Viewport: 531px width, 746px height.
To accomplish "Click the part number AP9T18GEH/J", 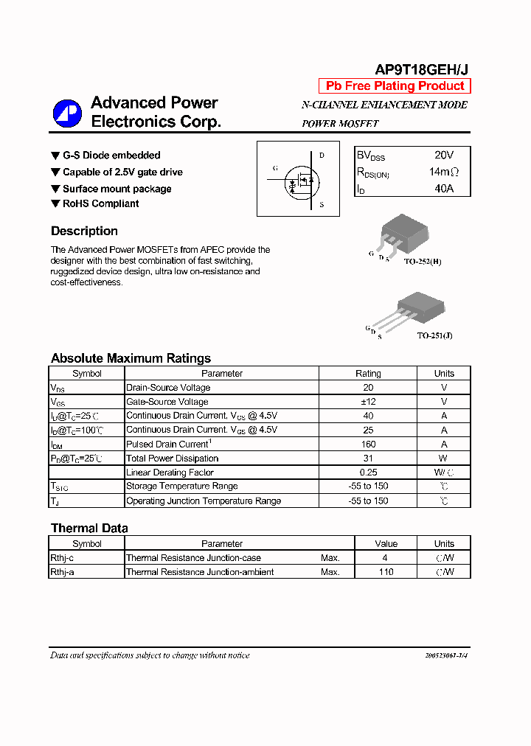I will (421, 70).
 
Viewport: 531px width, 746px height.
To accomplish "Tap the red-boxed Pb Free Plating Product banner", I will (395, 86).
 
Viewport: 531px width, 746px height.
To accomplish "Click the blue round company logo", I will (67, 113).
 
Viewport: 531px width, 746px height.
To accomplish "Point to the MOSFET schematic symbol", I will (298, 179).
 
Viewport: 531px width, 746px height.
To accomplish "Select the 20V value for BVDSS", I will (444, 156).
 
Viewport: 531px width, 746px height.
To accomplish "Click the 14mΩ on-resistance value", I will (444, 172).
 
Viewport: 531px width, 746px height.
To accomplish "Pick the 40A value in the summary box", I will (444, 189).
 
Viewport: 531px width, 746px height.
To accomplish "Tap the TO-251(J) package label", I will (434, 335).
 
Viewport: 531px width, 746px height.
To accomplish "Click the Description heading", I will (84, 231).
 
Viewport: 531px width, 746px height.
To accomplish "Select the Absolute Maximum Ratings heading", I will (131, 358).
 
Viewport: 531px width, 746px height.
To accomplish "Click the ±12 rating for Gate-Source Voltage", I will (368, 402).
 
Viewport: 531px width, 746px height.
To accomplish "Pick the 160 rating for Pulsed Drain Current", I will (368, 445).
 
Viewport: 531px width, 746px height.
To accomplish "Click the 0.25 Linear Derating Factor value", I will (368, 473).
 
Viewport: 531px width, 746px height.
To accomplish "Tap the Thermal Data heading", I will (89, 528).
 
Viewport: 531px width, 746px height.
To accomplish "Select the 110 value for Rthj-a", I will (386, 572).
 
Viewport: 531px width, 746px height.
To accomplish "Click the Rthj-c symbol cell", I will (63, 558).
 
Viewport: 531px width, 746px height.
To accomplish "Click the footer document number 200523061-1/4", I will (446, 655).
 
